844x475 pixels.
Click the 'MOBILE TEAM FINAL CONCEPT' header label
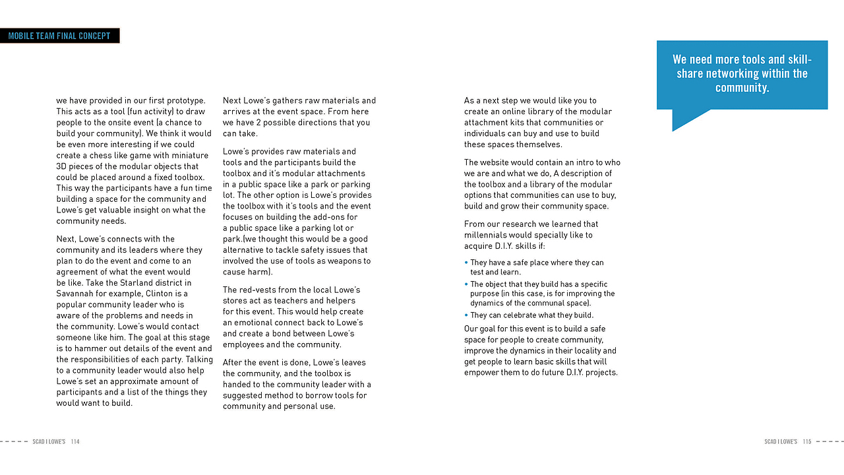click(59, 36)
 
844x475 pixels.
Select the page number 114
click(75, 441)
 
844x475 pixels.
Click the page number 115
click(807, 441)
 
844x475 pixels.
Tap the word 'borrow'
click(318, 395)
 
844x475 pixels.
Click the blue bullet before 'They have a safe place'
click(466, 263)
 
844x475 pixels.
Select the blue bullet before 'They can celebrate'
click(466, 315)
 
